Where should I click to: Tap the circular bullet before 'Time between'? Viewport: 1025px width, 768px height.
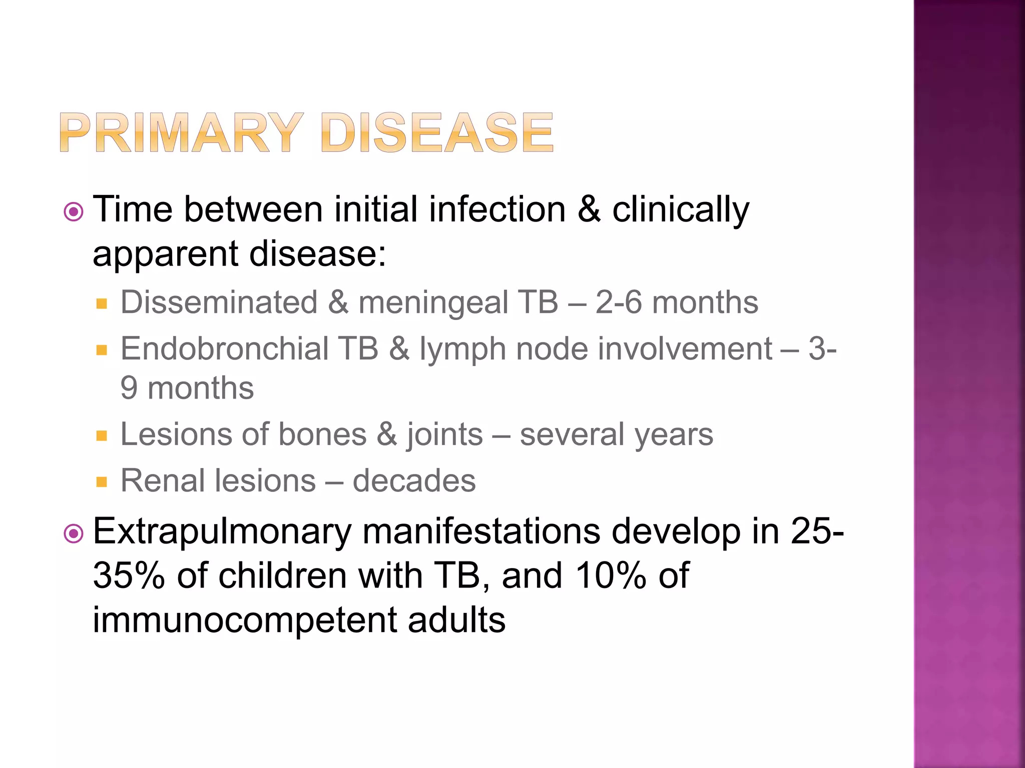(74, 212)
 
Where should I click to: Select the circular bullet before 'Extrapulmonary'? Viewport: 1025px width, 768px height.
(74, 533)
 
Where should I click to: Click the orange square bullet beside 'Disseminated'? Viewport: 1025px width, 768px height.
(102, 303)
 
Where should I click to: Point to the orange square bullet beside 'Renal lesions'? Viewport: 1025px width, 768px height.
(102, 482)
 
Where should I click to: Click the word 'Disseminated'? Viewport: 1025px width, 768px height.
(219, 302)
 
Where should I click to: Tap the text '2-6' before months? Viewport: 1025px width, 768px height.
(618, 302)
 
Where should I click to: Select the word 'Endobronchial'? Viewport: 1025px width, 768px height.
(224, 348)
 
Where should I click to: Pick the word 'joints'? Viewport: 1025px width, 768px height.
(444, 434)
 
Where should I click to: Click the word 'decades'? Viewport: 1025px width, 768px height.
(414, 481)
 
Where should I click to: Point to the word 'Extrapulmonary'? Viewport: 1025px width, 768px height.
(222, 532)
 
